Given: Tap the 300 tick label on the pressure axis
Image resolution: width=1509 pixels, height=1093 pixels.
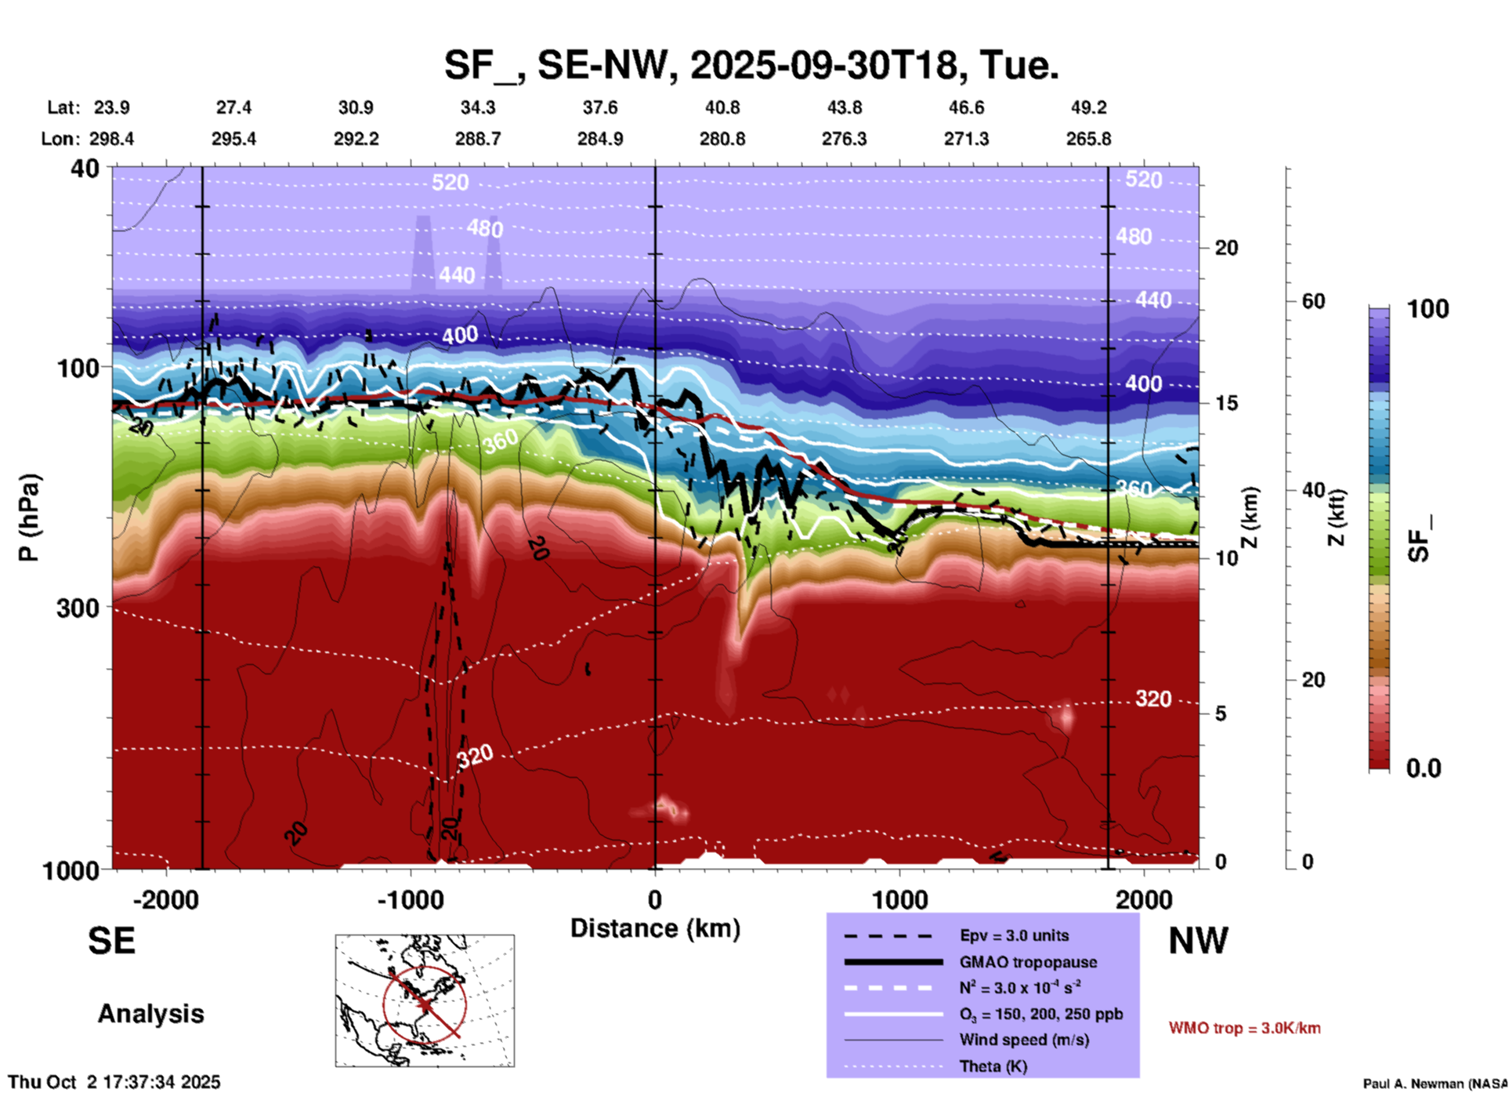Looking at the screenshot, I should pos(78,608).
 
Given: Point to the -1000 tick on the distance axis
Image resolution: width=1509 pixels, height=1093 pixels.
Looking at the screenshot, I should pos(411,899).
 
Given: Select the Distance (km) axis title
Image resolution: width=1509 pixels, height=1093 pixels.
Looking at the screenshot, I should pos(655,928).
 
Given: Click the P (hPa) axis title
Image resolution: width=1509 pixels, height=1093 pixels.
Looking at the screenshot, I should pos(29,517).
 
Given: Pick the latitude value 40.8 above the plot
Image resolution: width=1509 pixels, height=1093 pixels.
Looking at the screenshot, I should pos(722,107).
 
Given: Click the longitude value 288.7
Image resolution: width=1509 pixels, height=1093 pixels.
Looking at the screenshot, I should pos(478,139).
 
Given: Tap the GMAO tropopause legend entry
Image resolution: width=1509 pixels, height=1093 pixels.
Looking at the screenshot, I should pos(1028,962).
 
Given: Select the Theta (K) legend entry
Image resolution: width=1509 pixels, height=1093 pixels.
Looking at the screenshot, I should pos(993,1066).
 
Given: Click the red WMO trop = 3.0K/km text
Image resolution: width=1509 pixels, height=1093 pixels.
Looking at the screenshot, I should pos(1244,1028).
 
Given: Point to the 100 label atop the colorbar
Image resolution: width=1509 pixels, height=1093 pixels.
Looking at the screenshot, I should pos(1428,309).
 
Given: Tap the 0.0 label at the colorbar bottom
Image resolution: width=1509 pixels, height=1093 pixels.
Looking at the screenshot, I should pos(1424,768).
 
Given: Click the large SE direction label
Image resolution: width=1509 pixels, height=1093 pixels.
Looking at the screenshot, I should pos(111,941).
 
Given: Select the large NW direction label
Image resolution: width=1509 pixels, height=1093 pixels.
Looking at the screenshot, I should pos(1198,941).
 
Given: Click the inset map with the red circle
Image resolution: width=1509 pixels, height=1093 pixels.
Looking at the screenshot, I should pos(425,1000).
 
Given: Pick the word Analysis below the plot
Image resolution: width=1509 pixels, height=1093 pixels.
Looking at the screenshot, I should pos(150,1014).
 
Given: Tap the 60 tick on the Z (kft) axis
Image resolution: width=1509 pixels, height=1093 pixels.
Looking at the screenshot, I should pos(1313,301).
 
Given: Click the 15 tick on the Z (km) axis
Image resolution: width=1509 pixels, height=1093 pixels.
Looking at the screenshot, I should pos(1226,403).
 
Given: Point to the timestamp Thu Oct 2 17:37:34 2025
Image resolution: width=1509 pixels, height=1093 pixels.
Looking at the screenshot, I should pos(114,1082).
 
